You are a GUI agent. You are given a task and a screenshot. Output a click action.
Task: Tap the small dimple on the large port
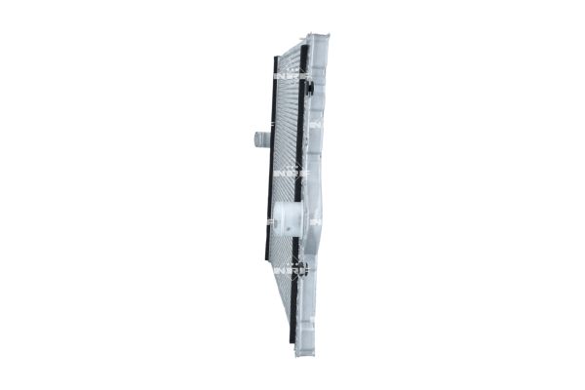[281, 218]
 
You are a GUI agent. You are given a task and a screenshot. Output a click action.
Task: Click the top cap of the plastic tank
[317, 39]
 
